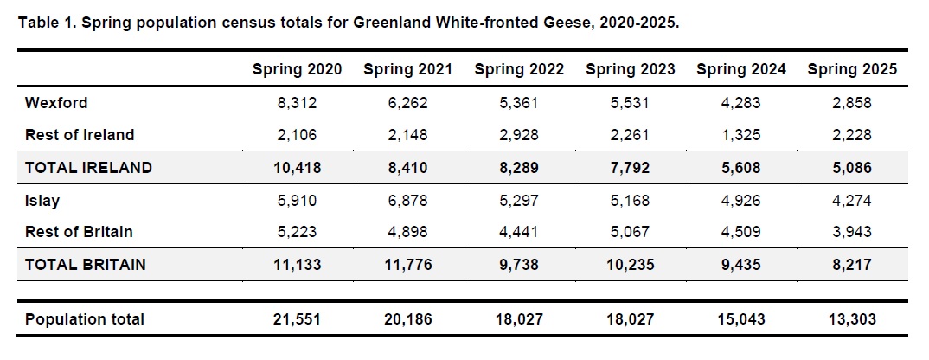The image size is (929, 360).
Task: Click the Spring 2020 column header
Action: coord(297,70)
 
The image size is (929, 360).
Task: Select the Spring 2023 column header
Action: coord(630,70)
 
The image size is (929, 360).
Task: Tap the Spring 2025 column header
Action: coord(852,70)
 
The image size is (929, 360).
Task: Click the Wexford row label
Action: coord(56,103)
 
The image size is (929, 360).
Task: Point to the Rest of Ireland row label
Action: coord(80,135)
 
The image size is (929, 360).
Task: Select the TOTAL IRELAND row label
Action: coord(88,168)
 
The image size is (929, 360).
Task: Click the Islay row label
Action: coord(42,201)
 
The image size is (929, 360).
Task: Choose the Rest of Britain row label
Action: coord(79,232)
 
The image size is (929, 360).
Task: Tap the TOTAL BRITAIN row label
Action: coord(86,265)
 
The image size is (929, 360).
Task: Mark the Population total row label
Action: coord(85,319)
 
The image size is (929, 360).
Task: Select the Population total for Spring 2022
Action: coord(519,319)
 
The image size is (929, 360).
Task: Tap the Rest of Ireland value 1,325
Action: coord(741,135)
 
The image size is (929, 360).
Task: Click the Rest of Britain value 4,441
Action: coord(519,232)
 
